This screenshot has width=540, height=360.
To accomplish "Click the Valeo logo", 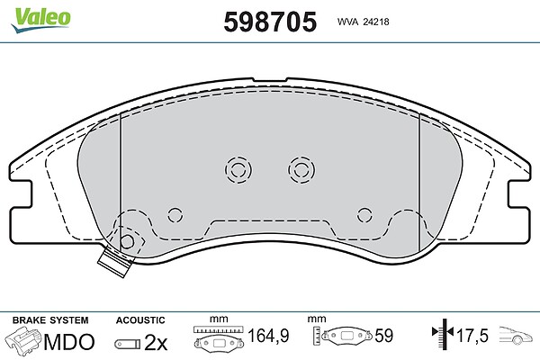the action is pos(40,20).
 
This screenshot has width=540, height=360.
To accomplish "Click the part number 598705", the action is pos(270,22).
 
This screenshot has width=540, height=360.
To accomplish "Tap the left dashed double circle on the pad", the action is pos(238,170).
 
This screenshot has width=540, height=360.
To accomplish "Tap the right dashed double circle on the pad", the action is pos(301,170).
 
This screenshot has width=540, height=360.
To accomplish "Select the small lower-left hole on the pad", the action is pos(175,216).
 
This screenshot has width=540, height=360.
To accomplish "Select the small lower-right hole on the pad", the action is pos(364,215).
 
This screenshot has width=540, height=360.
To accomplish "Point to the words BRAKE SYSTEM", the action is pos(50,320).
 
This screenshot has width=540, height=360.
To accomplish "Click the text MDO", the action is pos(69,342).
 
